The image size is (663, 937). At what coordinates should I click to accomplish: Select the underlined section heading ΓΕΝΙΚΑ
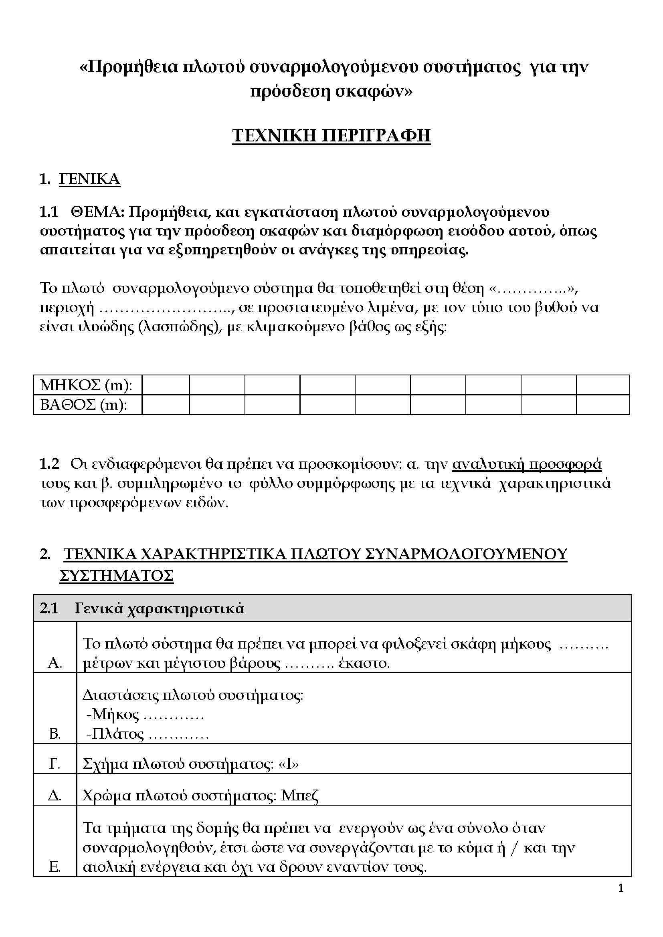click(90, 179)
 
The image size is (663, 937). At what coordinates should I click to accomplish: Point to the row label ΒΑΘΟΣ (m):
click(84, 405)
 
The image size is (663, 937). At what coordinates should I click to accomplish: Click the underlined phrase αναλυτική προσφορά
click(527, 464)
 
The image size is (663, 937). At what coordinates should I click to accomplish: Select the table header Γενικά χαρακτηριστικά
click(159, 609)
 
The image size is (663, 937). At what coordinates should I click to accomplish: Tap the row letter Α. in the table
click(55, 663)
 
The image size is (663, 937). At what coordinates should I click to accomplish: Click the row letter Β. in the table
click(55, 734)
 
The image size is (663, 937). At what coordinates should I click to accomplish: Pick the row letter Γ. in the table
click(55, 764)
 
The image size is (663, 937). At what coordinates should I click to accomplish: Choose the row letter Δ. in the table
click(55, 796)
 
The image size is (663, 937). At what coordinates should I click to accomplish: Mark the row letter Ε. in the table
click(55, 867)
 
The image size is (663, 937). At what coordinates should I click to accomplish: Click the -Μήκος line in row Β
click(145, 714)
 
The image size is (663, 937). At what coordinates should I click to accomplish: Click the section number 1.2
click(49, 464)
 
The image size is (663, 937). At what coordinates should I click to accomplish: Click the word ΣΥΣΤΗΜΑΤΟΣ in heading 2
click(117, 575)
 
